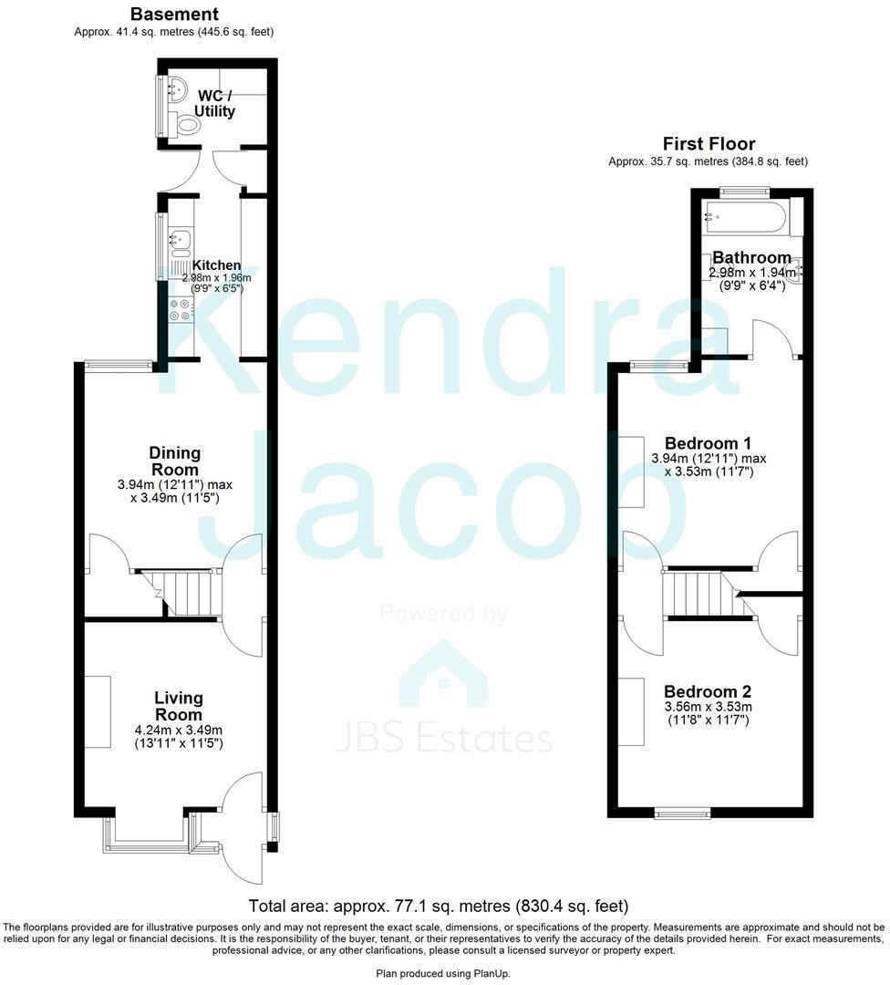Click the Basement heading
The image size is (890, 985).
[173, 15]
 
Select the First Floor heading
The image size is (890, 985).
[708, 144]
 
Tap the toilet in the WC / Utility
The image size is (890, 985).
[188, 126]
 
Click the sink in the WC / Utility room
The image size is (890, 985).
[178, 89]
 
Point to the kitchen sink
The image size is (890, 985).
[179, 241]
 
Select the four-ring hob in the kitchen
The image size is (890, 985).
[180, 310]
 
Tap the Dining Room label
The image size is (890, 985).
[174, 461]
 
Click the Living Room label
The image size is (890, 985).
[178, 706]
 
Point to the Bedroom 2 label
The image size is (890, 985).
[708, 690]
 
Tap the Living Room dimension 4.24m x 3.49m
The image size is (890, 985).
[178, 730]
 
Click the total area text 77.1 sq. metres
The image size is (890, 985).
[439, 907]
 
